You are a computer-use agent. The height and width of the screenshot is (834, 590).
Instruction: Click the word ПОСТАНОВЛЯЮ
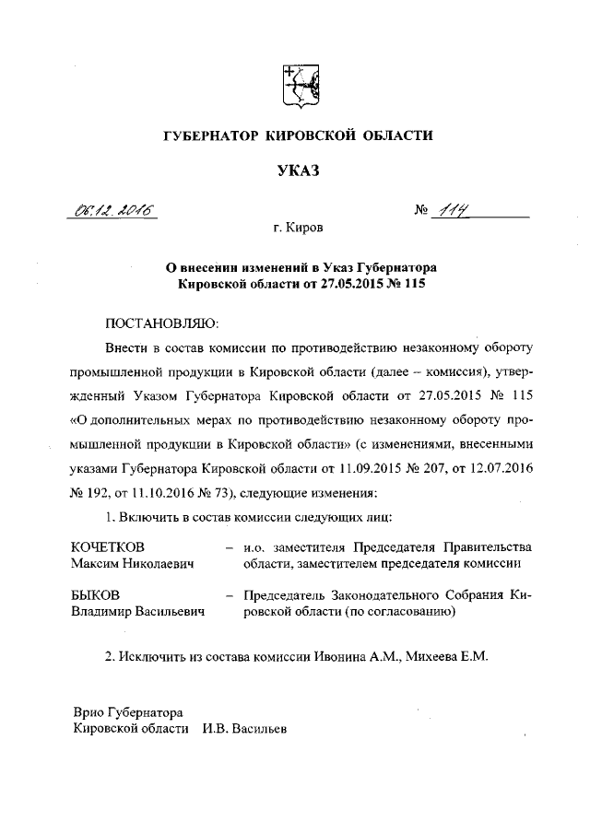(162, 323)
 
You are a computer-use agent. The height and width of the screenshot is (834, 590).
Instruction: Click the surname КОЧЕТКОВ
(109, 546)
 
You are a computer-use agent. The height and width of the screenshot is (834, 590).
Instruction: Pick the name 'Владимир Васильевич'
(138, 611)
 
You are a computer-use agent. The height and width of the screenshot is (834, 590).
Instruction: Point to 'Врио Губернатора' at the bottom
(128, 711)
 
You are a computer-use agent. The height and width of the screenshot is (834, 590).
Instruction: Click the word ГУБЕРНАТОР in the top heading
(208, 135)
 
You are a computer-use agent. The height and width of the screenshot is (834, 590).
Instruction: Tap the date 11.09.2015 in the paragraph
(398, 467)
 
